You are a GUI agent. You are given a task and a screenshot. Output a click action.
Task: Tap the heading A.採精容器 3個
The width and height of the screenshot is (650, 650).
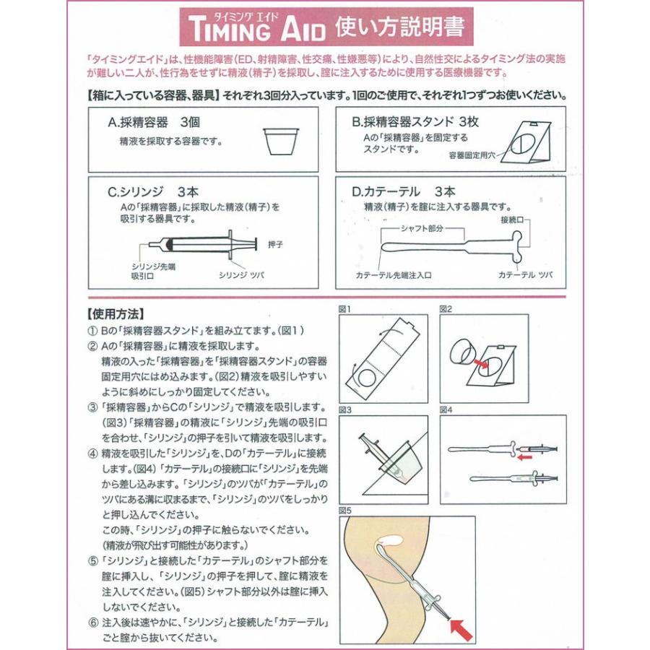coord(154,122)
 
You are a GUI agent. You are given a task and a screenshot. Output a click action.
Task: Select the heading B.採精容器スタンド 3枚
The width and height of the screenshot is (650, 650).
coord(415,122)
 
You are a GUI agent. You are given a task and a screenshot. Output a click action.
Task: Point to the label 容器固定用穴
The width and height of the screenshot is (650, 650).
coord(472,155)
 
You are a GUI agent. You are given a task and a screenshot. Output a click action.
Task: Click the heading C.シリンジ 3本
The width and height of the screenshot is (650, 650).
coord(153,192)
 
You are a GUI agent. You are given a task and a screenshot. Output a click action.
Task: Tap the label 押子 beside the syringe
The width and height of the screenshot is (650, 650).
coord(275,245)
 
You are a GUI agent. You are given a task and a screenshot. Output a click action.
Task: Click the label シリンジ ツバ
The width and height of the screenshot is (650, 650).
coord(241,275)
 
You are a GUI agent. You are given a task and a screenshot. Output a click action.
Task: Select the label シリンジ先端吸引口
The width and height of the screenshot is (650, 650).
coord(153,271)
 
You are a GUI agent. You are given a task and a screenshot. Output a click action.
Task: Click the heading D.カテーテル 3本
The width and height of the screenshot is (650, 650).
coord(403,191)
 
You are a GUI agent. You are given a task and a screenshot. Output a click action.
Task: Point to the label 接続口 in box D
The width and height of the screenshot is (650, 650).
coord(512,220)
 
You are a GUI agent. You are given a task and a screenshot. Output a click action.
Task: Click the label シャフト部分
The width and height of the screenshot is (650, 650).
coord(422,228)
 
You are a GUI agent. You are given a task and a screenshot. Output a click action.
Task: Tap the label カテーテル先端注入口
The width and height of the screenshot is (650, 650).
coord(394,275)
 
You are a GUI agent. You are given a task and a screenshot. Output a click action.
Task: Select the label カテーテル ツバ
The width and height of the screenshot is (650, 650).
coord(525,275)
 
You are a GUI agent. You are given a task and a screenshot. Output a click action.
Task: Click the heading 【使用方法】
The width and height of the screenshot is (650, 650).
coord(116,314)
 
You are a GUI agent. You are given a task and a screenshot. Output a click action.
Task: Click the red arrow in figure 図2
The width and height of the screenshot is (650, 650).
coord(481,363)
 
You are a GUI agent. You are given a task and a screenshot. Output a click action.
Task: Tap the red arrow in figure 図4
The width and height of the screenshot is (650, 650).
coord(524,457)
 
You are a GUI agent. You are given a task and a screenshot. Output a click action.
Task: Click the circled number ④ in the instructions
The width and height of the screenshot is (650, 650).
coord(92,454)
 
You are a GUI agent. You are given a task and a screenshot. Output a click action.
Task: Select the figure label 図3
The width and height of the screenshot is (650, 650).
coord(345,410)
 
